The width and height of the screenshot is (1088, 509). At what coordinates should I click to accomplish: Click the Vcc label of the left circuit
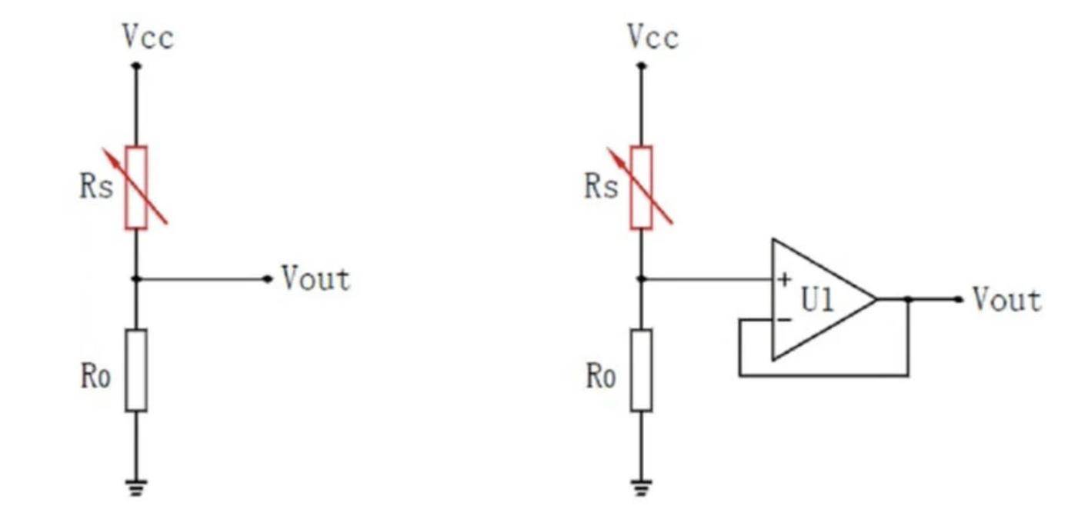click(x=148, y=37)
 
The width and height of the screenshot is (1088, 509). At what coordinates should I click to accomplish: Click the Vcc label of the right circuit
click(x=652, y=37)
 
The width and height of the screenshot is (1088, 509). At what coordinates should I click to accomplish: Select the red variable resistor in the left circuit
click(x=136, y=188)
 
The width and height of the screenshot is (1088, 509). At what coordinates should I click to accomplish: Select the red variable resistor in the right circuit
click(x=641, y=188)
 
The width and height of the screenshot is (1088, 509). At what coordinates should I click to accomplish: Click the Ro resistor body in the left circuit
click(x=136, y=371)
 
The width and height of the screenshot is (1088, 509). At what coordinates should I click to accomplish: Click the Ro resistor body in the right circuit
click(x=641, y=371)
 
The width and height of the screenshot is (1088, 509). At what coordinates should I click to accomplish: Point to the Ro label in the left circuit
click(x=95, y=376)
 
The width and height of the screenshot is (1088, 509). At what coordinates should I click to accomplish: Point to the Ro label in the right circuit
click(x=601, y=376)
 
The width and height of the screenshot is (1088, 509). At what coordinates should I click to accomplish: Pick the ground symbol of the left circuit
click(x=136, y=487)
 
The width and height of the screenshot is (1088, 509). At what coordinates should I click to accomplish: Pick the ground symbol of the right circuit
click(x=641, y=487)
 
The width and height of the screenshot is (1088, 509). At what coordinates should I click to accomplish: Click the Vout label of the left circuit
click(x=315, y=278)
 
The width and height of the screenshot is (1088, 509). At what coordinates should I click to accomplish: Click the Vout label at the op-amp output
click(x=1007, y=299)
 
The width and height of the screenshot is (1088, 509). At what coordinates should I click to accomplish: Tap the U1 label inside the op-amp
click(x=817, y=301)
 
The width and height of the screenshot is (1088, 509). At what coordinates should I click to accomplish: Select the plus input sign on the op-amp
click(x=784, y=279)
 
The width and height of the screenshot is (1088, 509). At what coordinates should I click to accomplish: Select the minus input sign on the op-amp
click(x=784, y=319)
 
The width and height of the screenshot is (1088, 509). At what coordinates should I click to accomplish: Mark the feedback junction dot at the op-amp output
click(x=908, y=299)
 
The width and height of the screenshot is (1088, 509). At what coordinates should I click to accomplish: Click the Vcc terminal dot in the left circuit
click(x=136, y=65)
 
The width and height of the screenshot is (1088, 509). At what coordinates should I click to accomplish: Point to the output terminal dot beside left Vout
click(x=267, y=278)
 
